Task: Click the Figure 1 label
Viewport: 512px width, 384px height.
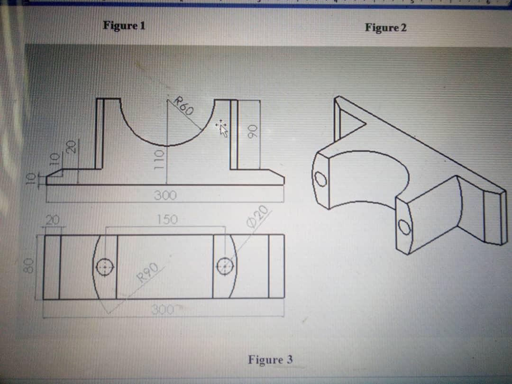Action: coord(124,25)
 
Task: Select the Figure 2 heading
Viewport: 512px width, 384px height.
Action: coord(385,27)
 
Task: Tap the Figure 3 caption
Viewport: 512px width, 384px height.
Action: coord(270,360)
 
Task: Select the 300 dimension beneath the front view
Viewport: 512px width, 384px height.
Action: coord(165,195)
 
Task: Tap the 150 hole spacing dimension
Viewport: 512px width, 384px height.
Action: coord(166,219)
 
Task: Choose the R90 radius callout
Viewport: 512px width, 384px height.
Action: coord(147,273)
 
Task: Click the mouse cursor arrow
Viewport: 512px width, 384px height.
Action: coord(222,128)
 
